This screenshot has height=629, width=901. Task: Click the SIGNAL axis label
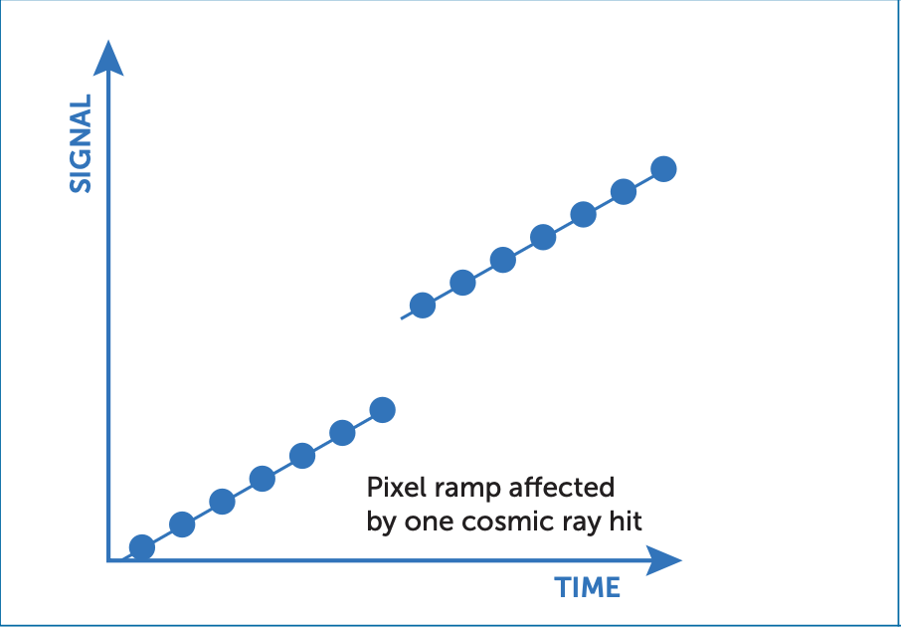(81, 143)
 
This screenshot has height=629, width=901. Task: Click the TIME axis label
(587, 587)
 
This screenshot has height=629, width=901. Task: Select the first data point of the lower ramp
(142, 547)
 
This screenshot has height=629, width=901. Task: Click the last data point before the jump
(382, 409)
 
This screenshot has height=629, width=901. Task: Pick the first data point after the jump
(423, 305)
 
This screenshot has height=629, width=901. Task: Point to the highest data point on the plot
(663, 168)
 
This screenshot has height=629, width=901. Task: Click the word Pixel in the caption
(392, 489)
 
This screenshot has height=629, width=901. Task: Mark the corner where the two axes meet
(108, 560)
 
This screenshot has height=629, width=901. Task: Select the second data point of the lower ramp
(182, 524)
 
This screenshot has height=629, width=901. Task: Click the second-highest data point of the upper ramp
(624, 191)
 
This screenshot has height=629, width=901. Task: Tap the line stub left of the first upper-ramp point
(406, 314)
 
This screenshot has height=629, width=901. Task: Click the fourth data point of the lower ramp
(263, 479)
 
